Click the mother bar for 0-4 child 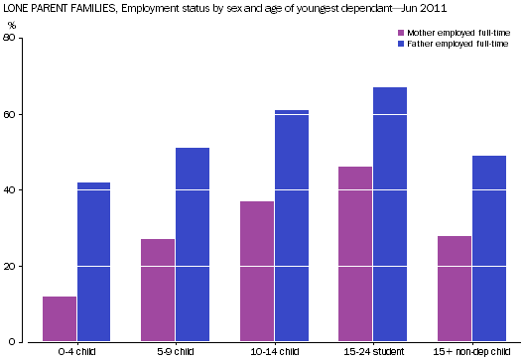click(x=60, y=319)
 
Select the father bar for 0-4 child click(x=93, y=262)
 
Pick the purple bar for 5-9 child click(x=158, y=291)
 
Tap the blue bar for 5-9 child click(x=193, y=245)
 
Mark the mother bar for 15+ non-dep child click(x=455, y=289)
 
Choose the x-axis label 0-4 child click(x=76, y=352)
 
